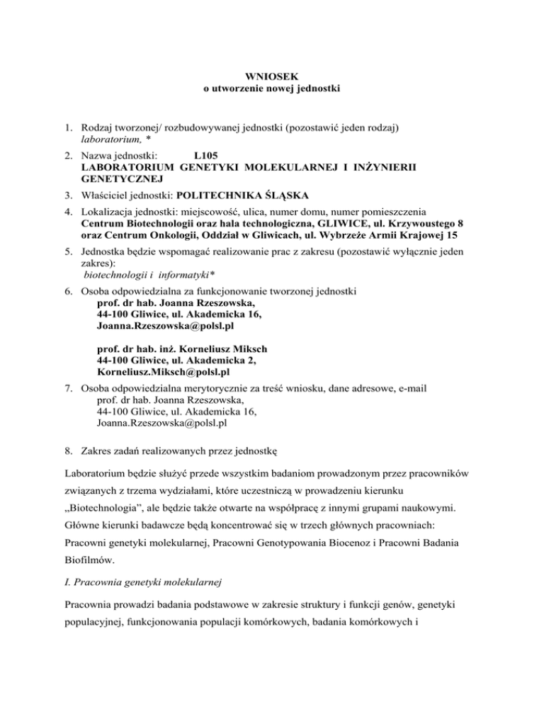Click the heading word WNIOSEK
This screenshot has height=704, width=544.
[x=272, y=76]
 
